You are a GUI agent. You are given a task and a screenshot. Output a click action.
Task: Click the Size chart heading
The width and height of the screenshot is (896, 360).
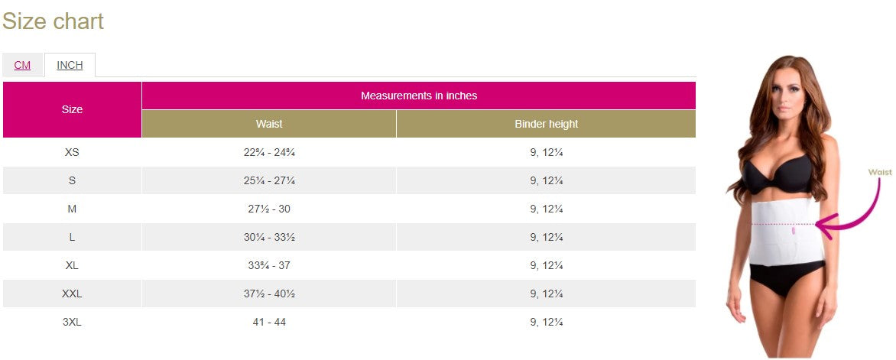(53, 21)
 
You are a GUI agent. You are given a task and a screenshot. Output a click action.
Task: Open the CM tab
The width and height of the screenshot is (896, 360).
(22, 65)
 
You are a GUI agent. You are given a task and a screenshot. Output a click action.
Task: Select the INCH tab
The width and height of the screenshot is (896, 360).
(70, 65)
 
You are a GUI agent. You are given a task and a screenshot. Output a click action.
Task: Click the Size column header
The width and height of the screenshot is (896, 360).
(72, 109)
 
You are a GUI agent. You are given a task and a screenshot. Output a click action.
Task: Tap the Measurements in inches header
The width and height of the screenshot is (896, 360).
(418, 96)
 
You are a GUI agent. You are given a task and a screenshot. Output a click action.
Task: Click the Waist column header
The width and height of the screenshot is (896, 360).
(268, 124)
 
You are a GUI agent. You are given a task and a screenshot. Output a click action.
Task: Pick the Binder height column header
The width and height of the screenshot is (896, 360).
(546, 124)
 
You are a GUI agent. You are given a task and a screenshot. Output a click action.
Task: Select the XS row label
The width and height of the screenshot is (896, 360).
(72, 152)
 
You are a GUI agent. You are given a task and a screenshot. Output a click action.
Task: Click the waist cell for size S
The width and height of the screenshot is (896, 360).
(269, 180)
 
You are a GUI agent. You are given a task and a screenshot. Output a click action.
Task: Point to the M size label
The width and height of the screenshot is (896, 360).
(72, 209)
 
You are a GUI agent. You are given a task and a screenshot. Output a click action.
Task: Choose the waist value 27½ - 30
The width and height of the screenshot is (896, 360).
(269, 209)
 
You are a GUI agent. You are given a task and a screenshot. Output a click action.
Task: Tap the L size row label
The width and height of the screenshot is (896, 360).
(72, 237)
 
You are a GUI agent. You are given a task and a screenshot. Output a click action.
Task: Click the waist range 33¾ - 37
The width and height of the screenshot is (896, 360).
(269, 265)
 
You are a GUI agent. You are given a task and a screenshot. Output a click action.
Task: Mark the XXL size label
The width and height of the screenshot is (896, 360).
(72, 294)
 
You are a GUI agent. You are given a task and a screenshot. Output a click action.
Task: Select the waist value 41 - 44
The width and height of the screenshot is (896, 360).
(269, 322)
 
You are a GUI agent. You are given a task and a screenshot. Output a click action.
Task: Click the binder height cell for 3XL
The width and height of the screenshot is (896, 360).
(546, 322)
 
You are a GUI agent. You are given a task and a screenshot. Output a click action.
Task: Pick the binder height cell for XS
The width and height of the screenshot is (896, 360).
(546, 152)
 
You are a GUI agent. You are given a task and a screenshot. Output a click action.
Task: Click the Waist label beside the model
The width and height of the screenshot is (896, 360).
(880, 173)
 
